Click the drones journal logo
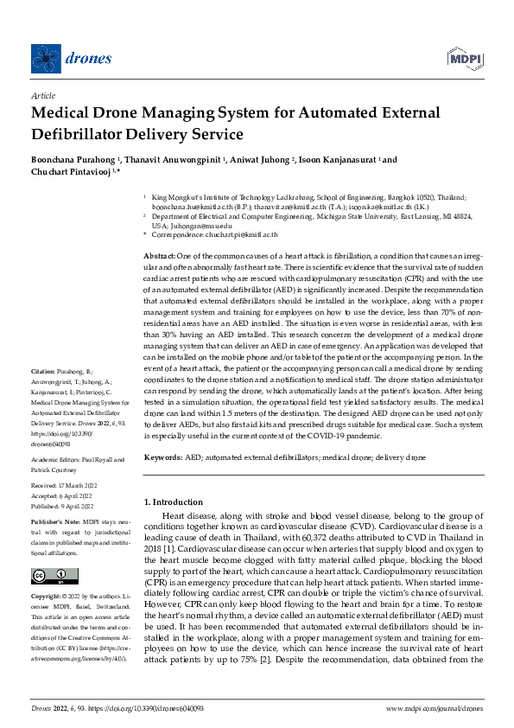pyautogui.click(x=73, y=58)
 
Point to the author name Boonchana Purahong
pyautogui.click(x=75, y=160)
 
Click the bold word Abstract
pyautogui.click(x=158, y=257)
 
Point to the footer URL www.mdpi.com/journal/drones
pyautogui.click(x=434, y=708)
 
